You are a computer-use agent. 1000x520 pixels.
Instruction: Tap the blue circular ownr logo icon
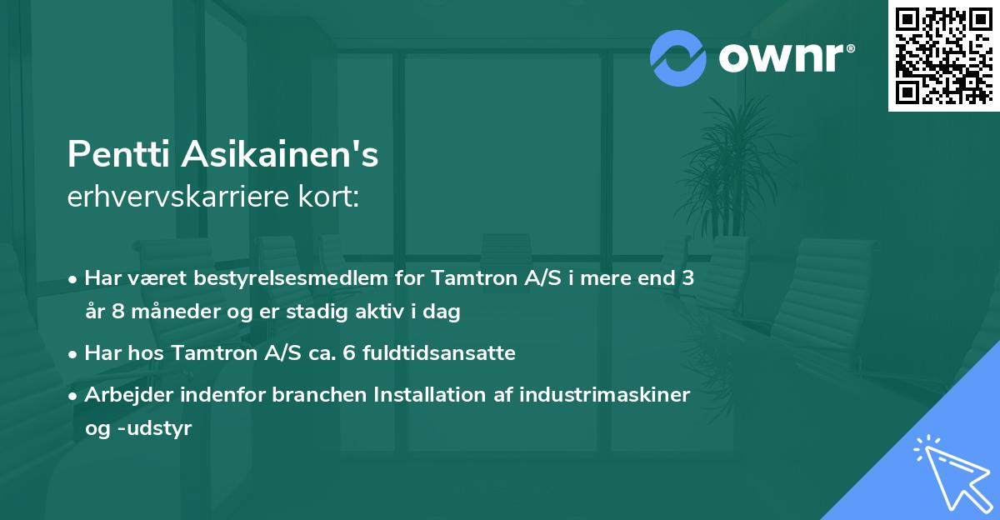coord(679,57)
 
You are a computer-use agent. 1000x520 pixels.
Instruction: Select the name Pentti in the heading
coord(116,154)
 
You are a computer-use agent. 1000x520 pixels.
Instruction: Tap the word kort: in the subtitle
coord(332,197)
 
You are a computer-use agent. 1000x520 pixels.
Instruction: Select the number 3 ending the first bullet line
coord(688,278)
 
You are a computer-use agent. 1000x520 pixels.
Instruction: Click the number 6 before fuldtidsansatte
coord(367,353)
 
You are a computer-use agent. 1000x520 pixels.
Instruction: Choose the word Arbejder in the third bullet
coord(126,394)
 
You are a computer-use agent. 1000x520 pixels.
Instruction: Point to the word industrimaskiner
coord(604,394)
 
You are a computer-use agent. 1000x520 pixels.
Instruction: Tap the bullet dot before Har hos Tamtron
coord(74,353)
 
